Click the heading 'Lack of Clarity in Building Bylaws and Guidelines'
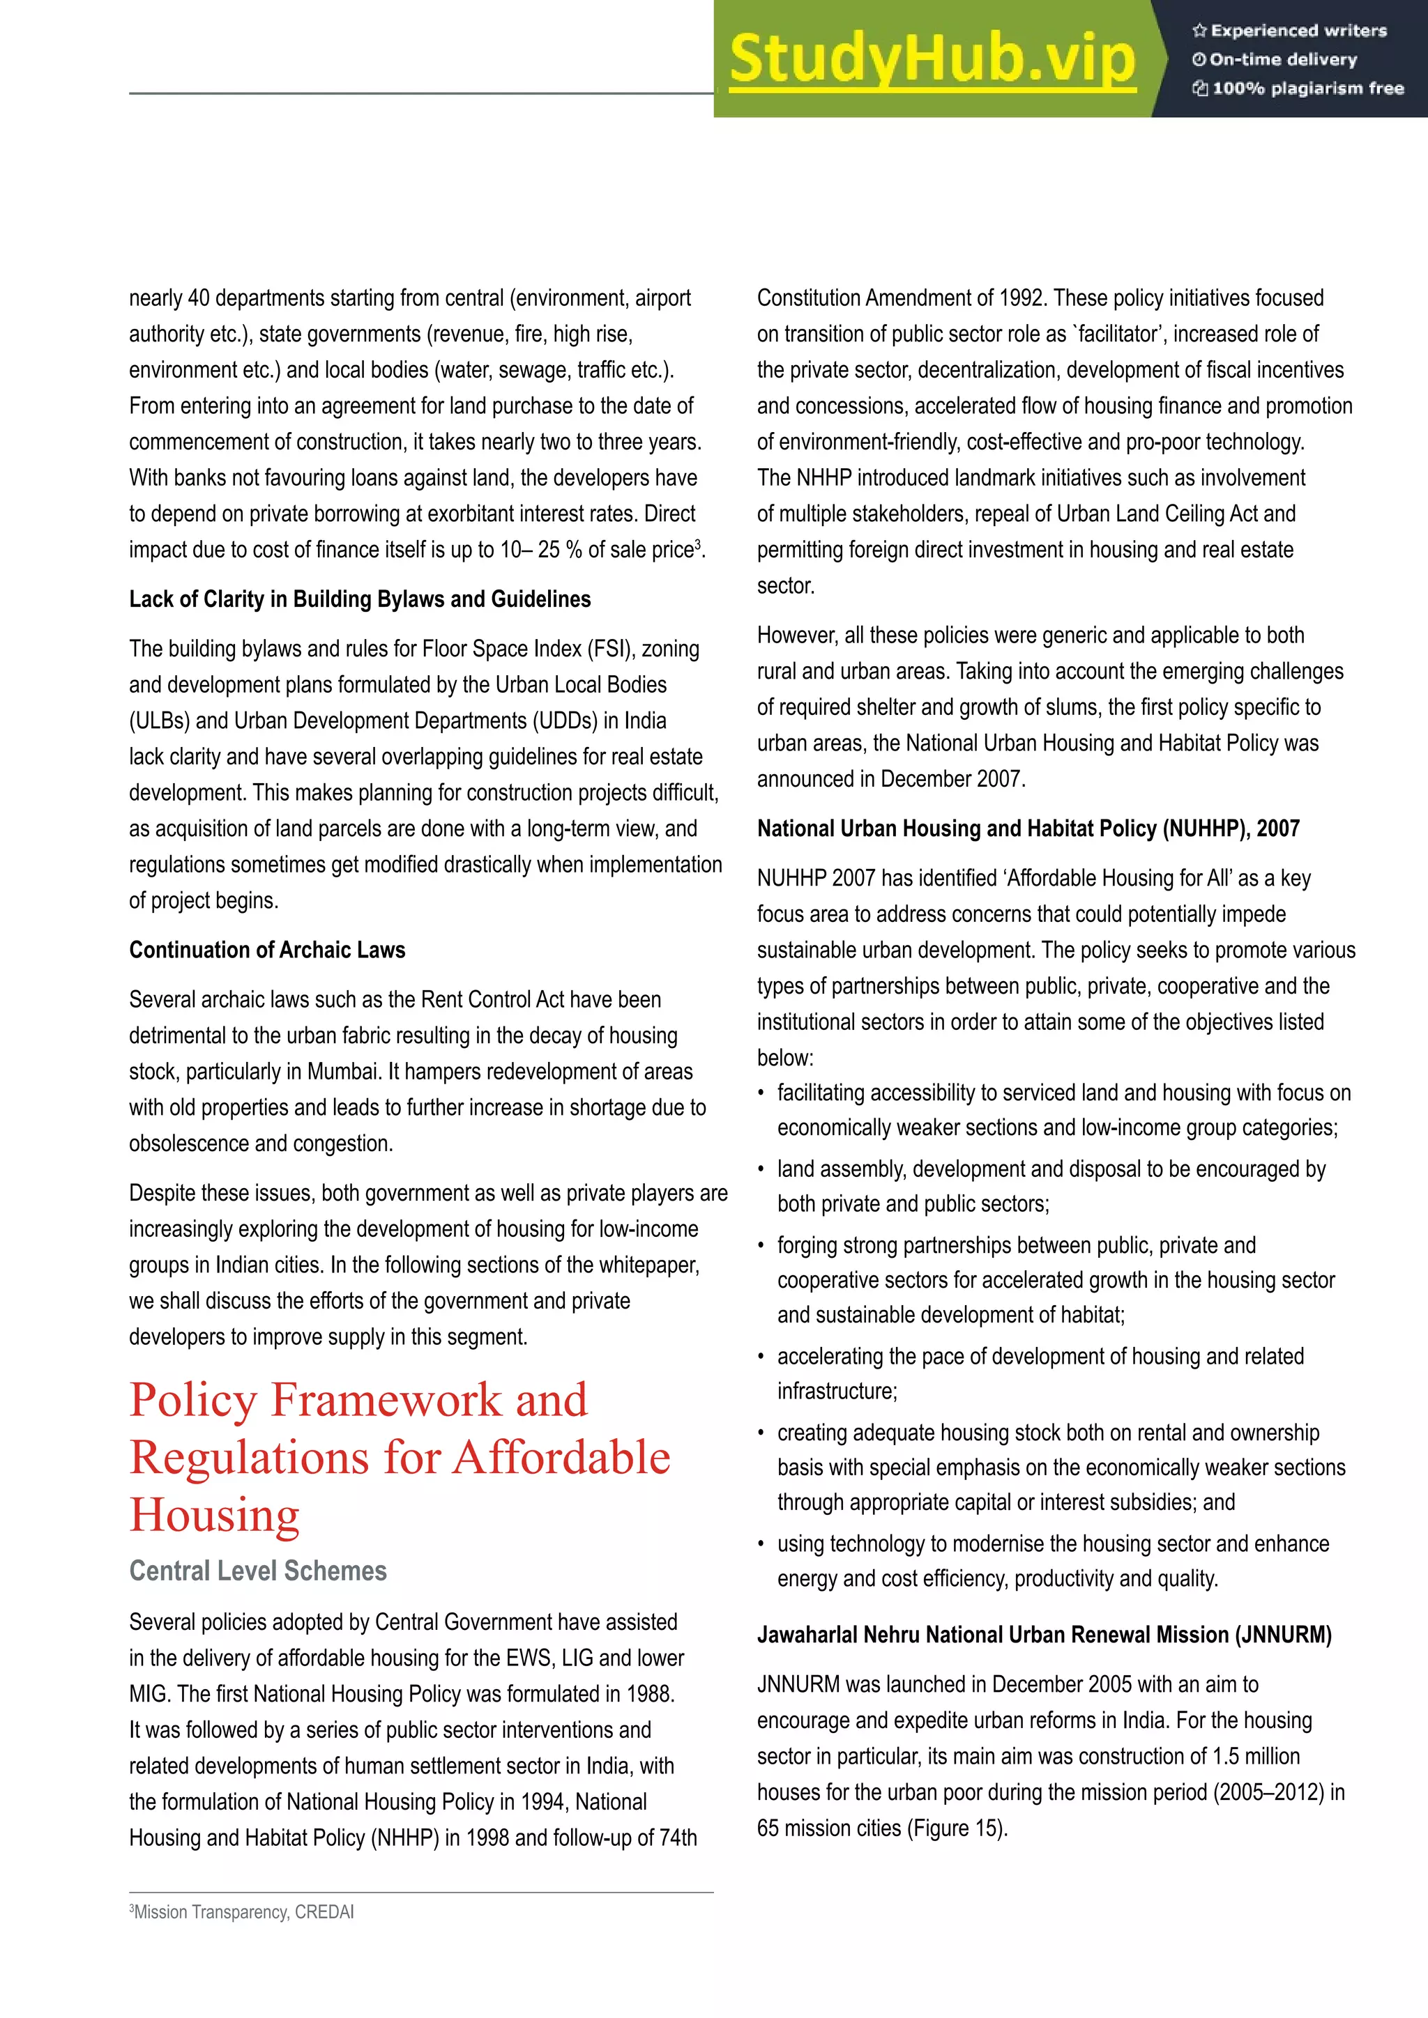click(x=360, y=599)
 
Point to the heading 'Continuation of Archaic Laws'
click(x=267, y=950)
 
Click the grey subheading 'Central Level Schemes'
click(x=257, y=1571)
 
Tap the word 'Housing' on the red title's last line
click(x=215, y=1516)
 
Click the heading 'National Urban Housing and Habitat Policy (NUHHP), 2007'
click(x=1028, y=829)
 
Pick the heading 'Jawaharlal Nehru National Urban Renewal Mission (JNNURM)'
click(x=1044, y=1635)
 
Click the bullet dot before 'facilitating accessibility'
click(x=761, y=1094)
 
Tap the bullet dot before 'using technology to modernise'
click(x=761, y=1545)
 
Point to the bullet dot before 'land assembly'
click(x=761, y=1171)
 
